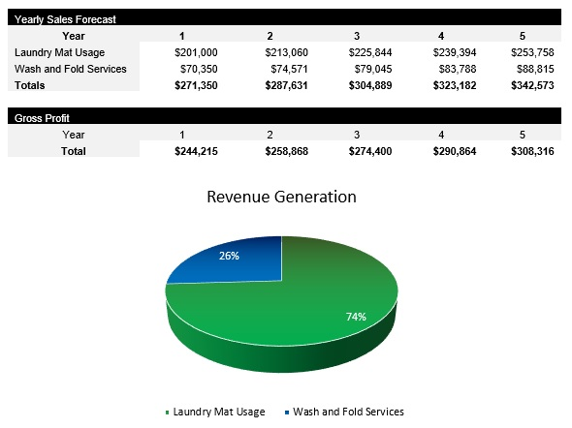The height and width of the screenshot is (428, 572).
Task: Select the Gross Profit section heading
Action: (42, 118)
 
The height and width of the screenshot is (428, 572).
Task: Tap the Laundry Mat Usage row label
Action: (60, 52)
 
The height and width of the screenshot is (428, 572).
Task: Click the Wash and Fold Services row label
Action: (71, 69)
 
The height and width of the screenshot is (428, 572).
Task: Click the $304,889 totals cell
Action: (367, 85)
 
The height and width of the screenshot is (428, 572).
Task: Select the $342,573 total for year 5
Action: (533, 85)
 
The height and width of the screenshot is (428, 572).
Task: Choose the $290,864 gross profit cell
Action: (451, 151)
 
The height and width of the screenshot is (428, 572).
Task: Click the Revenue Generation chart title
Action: (282, 197)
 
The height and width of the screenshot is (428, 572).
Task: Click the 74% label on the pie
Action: (358, 317)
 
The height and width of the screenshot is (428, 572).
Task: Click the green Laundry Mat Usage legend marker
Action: (167, 413)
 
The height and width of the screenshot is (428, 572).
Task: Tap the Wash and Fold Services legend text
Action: (348, 412)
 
